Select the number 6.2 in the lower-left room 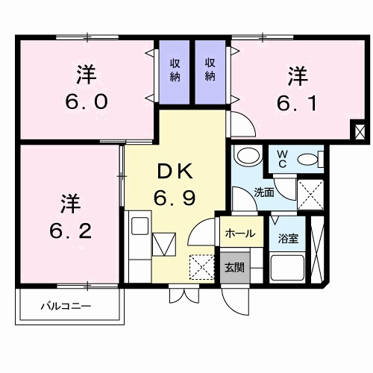(71, 228)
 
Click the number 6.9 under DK (177, 198)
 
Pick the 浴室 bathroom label (289, 239)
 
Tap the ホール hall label (239, 233)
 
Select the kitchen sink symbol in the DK (163, 245)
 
